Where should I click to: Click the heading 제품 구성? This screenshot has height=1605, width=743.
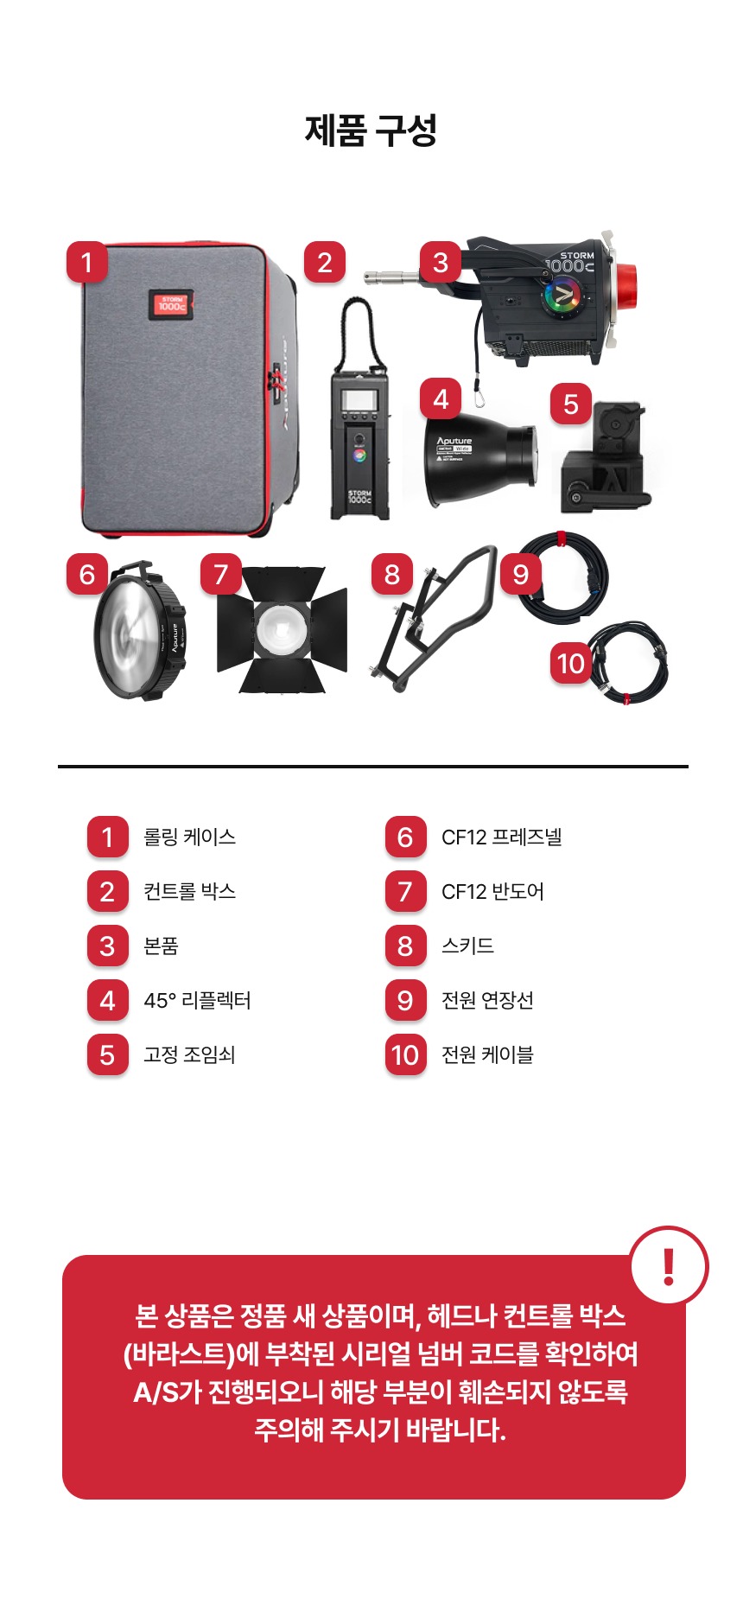[x=371, y=131]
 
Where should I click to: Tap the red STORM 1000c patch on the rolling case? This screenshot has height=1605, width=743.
[x=170, y=304]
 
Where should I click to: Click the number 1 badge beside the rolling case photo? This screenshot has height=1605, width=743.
[x=86, y=262]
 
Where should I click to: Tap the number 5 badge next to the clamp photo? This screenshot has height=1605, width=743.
[x=571, y=404]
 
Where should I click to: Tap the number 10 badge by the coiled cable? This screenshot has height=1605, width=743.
[x=571, y=664]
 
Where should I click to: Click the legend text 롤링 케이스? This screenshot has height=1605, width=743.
[x=189, y=837]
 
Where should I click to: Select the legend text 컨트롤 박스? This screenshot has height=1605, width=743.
[x=189, y=891]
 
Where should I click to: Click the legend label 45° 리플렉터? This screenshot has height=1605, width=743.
[x=197, y=1000]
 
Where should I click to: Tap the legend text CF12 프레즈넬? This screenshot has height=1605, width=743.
[x=501, y=837]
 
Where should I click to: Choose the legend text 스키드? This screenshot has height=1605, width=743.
[x=467, y=946]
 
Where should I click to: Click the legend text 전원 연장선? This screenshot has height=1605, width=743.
[x=487, y=1000]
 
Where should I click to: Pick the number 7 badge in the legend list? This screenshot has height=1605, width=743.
[x=405, y=891]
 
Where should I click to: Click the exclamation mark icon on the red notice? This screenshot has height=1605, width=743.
[x=669, y=1266]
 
